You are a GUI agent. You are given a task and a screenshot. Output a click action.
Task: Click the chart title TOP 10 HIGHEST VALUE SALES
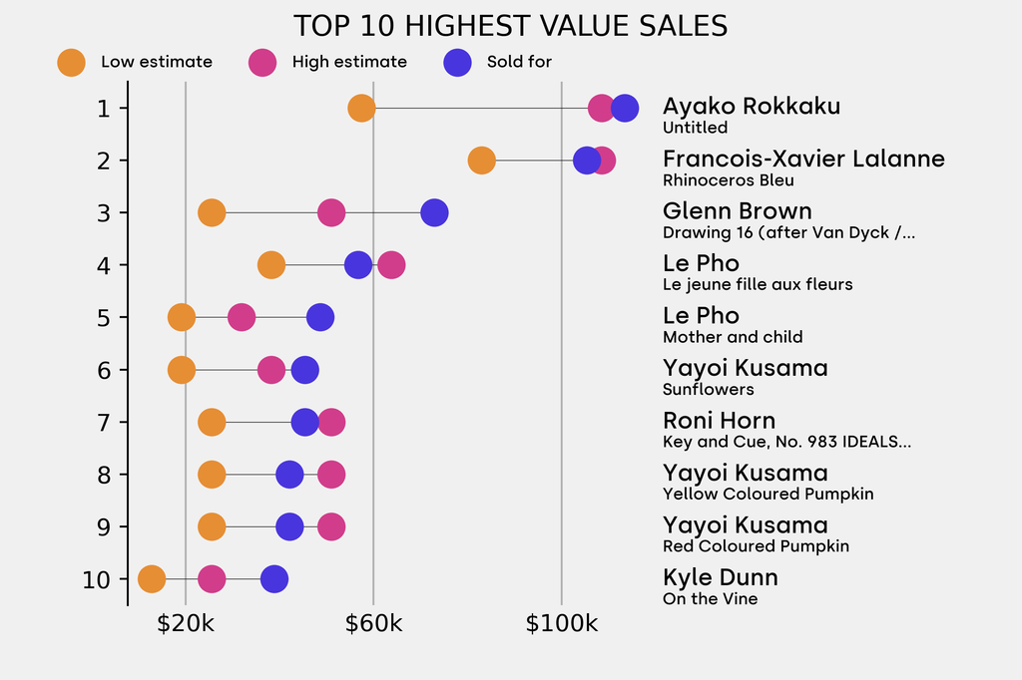pos(510,26)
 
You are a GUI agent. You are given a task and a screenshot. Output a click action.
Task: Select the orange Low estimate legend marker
pos(72,62)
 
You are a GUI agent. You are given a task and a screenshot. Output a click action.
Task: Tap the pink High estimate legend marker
pos(262,62)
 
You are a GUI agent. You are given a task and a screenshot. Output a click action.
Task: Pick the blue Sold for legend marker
pos(457,62)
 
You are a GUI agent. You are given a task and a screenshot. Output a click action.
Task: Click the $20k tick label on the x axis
pos(186,625)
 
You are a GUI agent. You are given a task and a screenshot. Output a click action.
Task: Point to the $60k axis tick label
pos(373,625)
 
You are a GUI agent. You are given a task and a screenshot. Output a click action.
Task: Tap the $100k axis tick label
pos(561,625)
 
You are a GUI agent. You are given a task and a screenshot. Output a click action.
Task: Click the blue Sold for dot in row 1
pos(625,108)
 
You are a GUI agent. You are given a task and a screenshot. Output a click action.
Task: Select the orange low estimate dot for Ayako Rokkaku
pos(361,108)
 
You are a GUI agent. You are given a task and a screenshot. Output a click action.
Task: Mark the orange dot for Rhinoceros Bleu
pos(481,160)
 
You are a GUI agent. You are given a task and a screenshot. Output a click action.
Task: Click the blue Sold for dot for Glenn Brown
pos(434,212)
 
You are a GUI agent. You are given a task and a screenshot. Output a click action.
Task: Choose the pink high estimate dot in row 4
pos(391,265)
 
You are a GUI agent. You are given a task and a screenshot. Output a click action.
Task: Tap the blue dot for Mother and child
pos(319,317)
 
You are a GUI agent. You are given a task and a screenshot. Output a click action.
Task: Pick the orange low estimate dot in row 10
pos(151,579)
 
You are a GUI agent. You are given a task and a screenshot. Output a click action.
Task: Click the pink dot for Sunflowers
pos(271,370)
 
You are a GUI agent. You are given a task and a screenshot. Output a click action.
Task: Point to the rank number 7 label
pos(104,423)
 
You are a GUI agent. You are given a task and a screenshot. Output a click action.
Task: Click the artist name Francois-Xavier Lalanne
pos(803,160)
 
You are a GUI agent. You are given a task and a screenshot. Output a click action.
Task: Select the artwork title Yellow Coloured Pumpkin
pos(767,494)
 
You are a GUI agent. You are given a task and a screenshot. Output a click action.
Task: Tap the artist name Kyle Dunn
pos(720,577)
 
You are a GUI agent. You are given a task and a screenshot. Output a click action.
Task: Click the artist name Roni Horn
pos(719,421)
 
